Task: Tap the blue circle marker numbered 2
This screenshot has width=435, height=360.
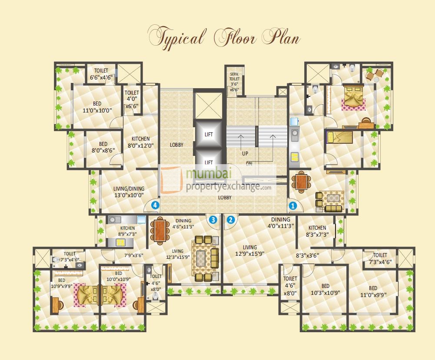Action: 231,220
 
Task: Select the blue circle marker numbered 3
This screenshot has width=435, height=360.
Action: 213,220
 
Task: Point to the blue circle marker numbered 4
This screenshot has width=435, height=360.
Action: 155,205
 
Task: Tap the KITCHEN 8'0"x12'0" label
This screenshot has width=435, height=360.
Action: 141,142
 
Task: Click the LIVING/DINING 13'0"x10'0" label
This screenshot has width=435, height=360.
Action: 123,192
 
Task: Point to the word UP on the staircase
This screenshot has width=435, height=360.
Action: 245,154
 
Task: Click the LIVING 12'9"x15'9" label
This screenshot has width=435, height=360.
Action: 250,251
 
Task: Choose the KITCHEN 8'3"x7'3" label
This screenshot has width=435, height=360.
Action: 317,231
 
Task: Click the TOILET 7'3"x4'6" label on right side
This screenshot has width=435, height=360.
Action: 380,259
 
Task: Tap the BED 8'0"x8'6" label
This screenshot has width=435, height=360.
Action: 103,148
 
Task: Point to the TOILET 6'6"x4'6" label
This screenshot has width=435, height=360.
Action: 101,74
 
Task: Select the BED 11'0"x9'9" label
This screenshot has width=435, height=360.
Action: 373,291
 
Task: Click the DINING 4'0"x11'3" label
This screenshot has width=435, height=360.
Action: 280,223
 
